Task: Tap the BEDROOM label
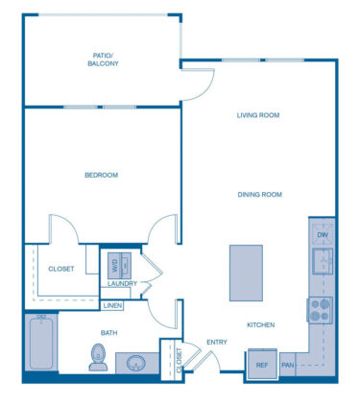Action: pyautogui.click(x=101, y=175)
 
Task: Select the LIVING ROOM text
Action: pyautogui.click(x=257, y=115)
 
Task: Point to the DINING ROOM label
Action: pyautogui.click(x=259, y=195)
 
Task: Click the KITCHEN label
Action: pyautogui.click(x=260, y=325)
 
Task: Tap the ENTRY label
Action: pyautogui.click(x=216, y=342)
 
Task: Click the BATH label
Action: pyautogui.click(x=109, y=333)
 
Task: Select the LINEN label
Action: pyautogui.click(x=113, y=306)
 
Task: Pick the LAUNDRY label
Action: pyautogui.click(x=121, y=283)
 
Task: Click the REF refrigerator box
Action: pyautogui.click(x=261, y=364)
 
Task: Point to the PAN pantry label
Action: pyautogui.click(x=288, y=365)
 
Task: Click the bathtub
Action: pyautogui.click(x=41, y=343)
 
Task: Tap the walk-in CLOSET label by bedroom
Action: pyautogui.click(x=61, y=270)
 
